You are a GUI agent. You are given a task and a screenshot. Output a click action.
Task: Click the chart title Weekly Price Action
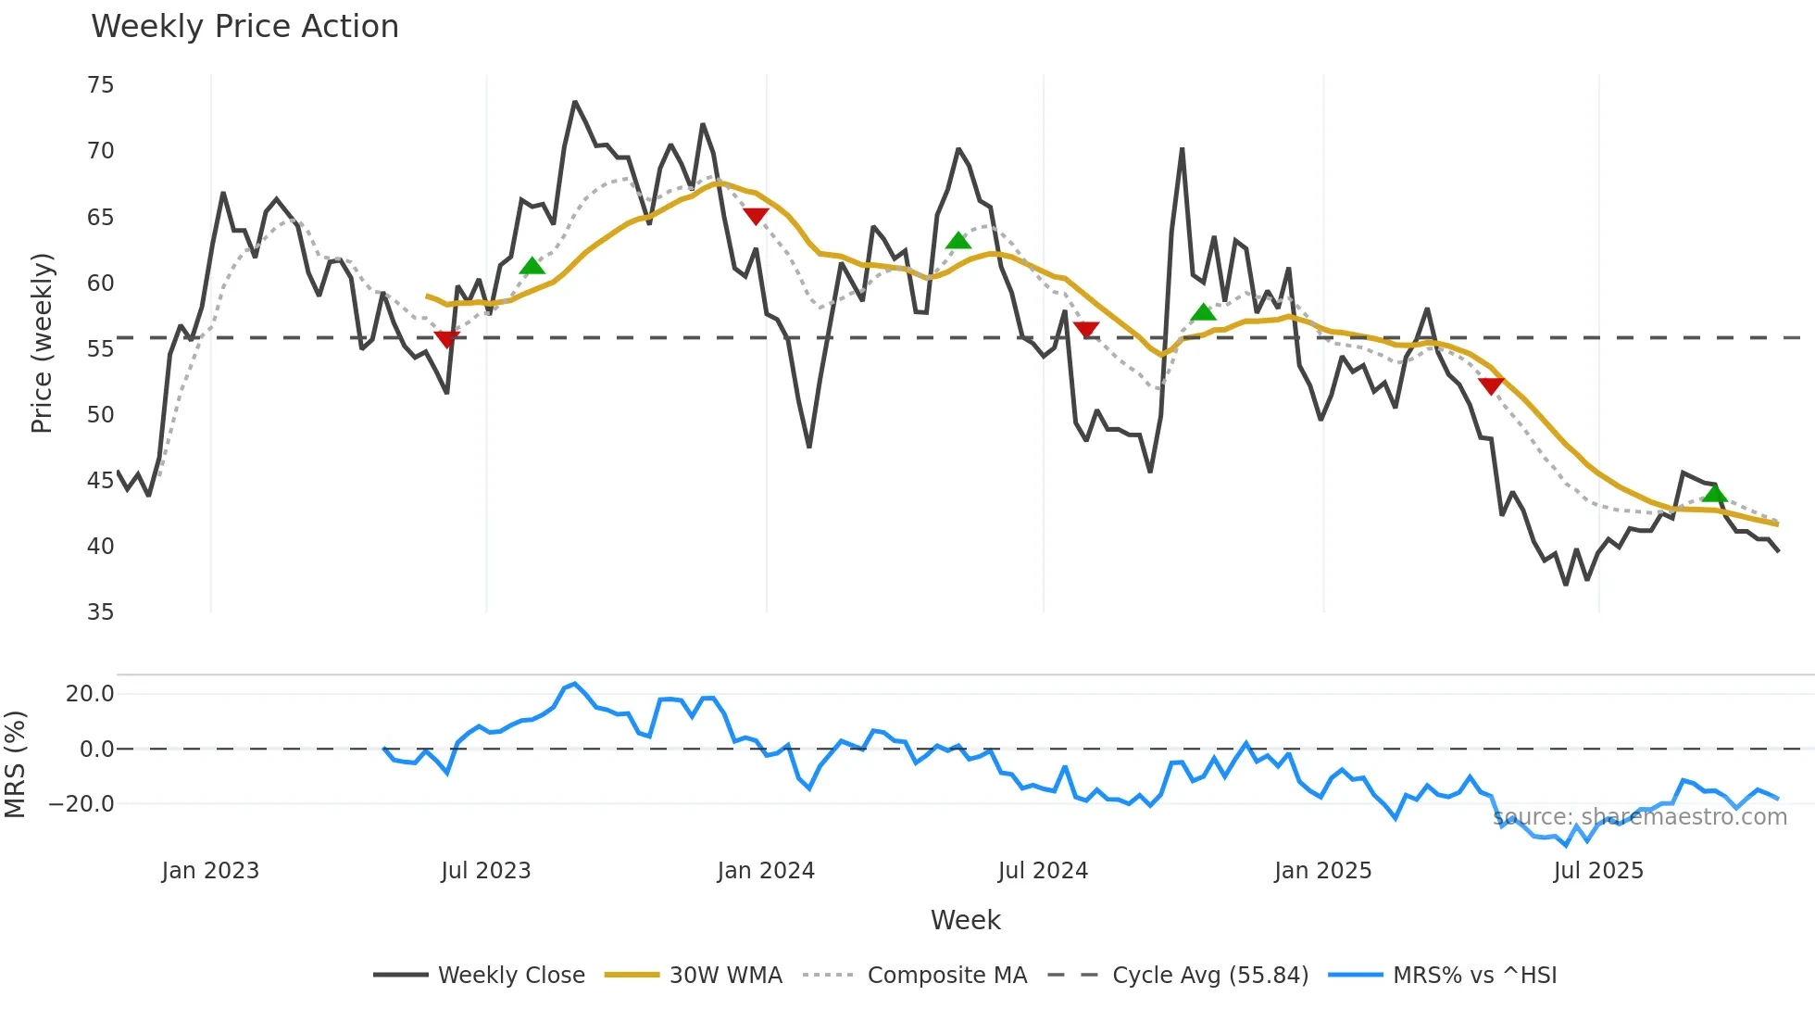tap(244, 27)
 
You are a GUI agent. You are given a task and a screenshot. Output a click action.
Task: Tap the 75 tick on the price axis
tap(100, 85)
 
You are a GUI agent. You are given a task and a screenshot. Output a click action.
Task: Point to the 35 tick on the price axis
tap(100, 612)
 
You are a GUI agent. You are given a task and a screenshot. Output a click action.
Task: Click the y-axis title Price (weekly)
tap(42, 343)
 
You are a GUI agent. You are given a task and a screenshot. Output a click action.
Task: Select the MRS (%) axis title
tap(15, 764)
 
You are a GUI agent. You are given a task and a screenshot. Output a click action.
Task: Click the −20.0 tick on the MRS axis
tap(81, 804)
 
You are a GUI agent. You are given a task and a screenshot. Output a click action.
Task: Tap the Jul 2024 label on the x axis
tap(1043, 871)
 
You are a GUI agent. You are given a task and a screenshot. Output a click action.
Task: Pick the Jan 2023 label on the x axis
tap(210, 871)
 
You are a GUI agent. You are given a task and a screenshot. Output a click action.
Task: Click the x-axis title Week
tap(965, 920)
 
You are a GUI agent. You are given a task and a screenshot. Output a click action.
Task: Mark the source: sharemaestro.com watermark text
tap(1640, 817)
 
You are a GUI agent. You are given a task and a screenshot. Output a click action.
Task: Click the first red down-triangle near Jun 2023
tap(446, 339)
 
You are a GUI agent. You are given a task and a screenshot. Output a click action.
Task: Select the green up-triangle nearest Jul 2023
tap(532, 267)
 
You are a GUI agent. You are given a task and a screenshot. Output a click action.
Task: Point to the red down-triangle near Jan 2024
tap(756, 216)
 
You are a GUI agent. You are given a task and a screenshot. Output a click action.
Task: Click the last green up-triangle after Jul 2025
tap(1714, 493)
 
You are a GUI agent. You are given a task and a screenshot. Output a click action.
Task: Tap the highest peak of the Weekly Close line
tap(574, 102)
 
